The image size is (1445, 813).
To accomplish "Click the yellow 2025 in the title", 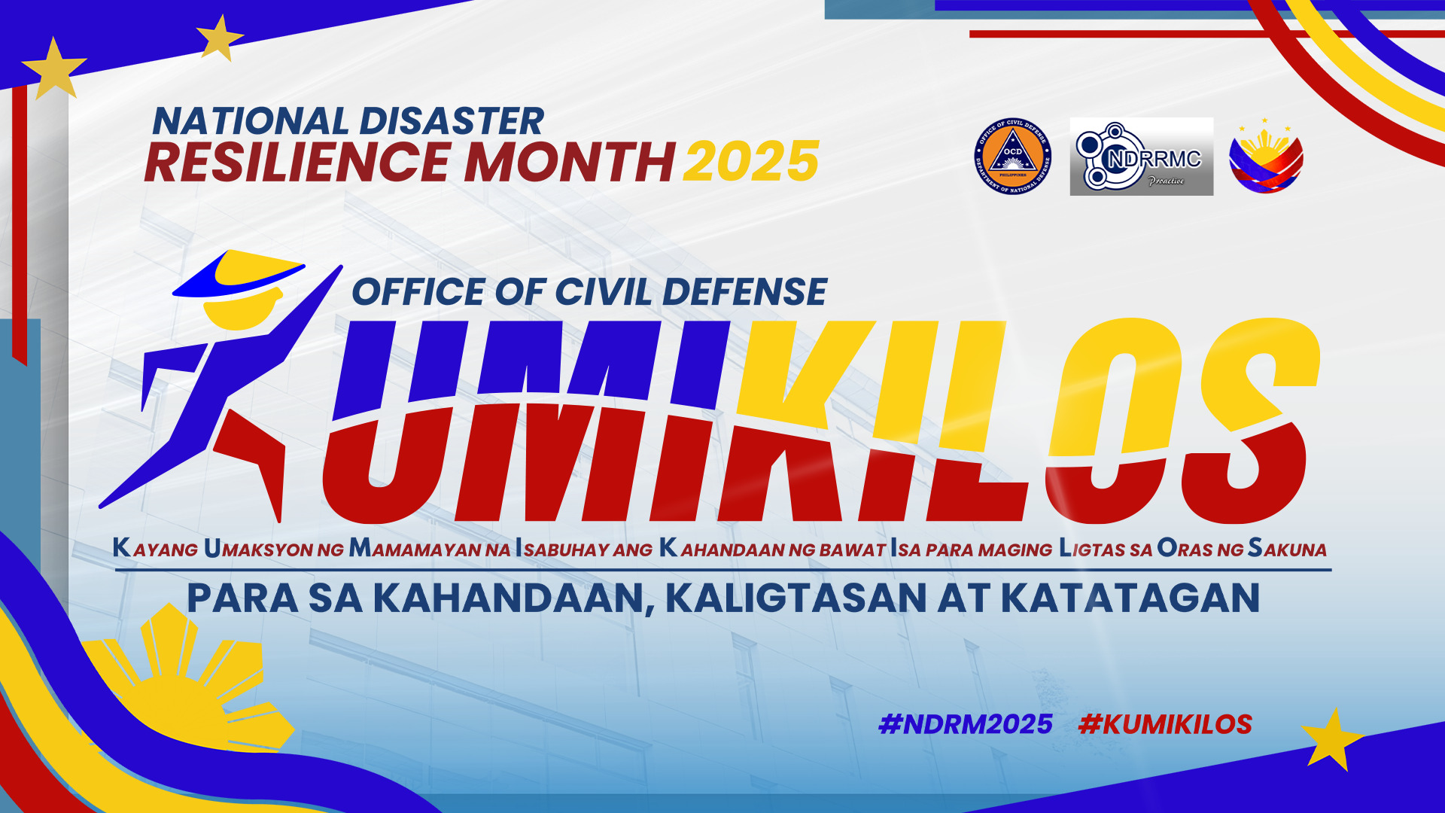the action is click(750, 162).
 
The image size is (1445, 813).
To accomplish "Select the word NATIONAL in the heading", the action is click(251, 121).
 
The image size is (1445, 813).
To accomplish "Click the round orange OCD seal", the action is click(1012, 157).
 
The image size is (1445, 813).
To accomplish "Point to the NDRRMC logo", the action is click(1141, 157).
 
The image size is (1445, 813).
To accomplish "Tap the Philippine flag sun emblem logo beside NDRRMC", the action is click(1266, 156).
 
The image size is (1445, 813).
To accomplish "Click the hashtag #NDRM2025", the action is click(966, 724).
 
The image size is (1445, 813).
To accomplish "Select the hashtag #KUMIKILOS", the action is click(1165, 724).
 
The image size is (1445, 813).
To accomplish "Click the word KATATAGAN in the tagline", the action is click(1130, 598).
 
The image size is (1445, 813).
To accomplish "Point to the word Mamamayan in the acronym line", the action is click(430, 548).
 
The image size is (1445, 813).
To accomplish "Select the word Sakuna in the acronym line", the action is click(1287, 548).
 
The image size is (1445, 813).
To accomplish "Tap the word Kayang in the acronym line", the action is click(155, 548).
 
